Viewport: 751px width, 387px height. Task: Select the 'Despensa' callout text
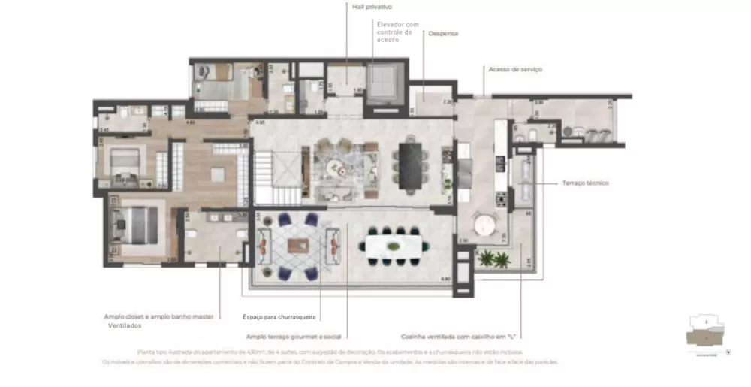click(x=443, y=34)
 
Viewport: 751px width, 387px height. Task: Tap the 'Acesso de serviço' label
click(x=515, y=69)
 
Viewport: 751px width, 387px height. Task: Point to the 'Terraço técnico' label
click(x=585, y=183)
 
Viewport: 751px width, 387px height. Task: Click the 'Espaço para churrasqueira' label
click(x=280, y=317)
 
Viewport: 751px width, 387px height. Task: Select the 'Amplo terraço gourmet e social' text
click(x=298, y=337)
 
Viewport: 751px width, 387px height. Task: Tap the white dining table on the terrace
click(x=393, y=245)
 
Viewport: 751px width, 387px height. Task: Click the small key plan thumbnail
click(x=706, y=330)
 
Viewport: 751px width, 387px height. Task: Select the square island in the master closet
click(x=217, y=175)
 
